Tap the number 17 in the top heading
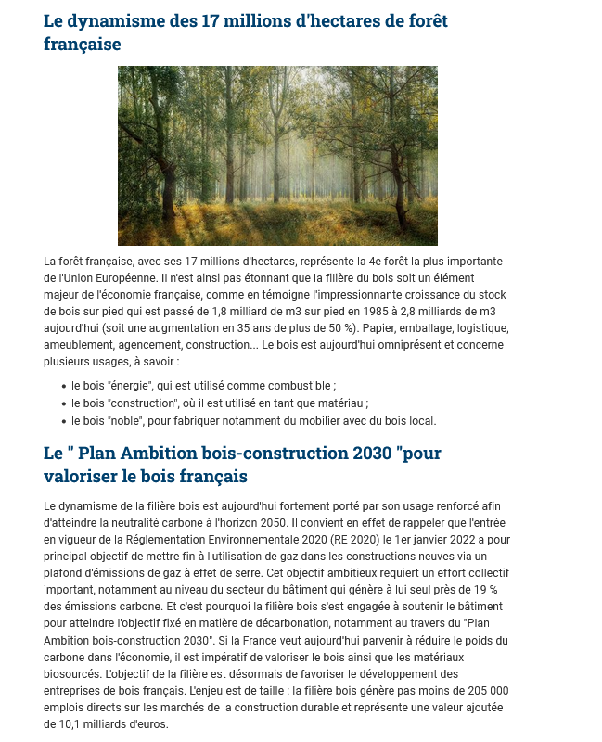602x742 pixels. [x=211, y=20]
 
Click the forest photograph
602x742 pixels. [x=277, y=155]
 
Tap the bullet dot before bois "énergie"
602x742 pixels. [x=62, y=385]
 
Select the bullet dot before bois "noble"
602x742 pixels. [x=62, y=420]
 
